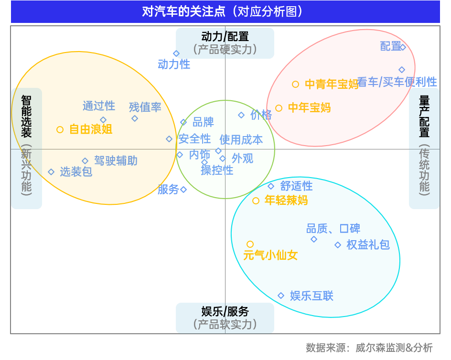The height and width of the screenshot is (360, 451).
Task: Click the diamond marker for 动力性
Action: tap(176, 53)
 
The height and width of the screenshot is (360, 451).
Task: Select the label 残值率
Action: tap(145, 107)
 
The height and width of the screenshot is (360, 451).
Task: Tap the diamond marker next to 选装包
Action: tap(51, 172)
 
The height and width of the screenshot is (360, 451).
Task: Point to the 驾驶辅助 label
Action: tap(116, 161)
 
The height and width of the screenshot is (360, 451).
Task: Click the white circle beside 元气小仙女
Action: tap(250, 244)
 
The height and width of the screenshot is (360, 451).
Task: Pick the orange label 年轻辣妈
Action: tap(286, 201)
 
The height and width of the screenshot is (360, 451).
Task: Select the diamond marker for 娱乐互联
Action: tap(281, 296)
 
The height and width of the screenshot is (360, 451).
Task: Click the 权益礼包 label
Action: tap(368, 245)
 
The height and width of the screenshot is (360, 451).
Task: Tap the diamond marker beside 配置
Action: tap(402, 47)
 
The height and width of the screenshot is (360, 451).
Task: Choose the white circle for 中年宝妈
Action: tap(279, 108)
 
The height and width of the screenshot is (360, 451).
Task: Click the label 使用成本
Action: tap(241, 139)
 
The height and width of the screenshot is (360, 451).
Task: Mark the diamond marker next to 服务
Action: tap(183, 190)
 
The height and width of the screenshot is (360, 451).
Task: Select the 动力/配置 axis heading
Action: tap(225, 37)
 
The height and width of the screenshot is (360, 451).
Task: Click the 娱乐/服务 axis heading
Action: tap(225, 312)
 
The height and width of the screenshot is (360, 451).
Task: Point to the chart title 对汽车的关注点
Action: tap(225, 11)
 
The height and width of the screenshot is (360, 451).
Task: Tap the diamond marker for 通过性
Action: tap(103, 119)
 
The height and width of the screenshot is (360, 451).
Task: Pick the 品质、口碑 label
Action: tap(333, 229)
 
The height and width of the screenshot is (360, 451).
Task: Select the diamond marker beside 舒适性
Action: tap(271, 186)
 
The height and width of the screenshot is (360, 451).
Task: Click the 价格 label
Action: tap(261, 115)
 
